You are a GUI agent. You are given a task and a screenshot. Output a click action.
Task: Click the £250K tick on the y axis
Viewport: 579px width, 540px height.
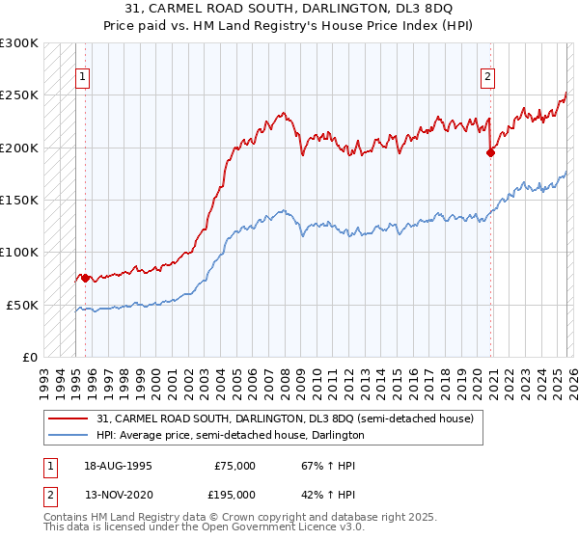pyautogui.click(x=19, y=95)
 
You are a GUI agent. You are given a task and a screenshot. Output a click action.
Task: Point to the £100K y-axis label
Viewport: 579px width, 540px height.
pyautogui.click(x=19, y=252)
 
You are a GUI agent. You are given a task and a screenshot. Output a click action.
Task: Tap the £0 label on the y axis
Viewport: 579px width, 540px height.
pyautogui.click(x=29, y=357)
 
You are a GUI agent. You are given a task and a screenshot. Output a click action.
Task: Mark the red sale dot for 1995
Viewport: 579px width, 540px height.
pyautogui.click(x=85, y=278)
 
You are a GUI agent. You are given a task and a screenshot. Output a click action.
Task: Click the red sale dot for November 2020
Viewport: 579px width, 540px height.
pyautogui.click(x=490, y=152)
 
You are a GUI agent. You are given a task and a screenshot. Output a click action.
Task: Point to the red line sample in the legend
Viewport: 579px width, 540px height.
pyautogui.click(x=69, y=419)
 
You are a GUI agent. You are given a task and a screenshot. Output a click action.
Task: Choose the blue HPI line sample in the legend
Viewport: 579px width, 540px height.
pyautogui.click(x=69, y=436)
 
